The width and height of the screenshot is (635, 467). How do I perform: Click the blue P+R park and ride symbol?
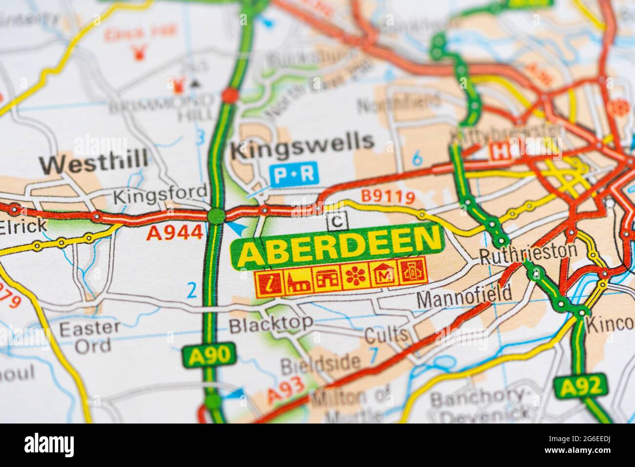(294, 173)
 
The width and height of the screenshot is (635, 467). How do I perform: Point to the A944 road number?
(174, 233)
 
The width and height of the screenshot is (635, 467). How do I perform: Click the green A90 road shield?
(209, 355)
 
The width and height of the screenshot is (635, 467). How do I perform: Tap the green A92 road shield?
(580, 387)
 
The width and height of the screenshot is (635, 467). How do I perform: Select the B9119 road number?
(388, 197)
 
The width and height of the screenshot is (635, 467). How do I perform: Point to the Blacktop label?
(271, 323)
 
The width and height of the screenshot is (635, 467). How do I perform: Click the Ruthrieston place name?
(528, 253)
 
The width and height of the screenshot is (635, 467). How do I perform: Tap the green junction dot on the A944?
(216, 215)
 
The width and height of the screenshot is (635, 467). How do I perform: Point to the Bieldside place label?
(320, 363)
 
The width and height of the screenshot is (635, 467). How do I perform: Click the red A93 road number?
(286, 389)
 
